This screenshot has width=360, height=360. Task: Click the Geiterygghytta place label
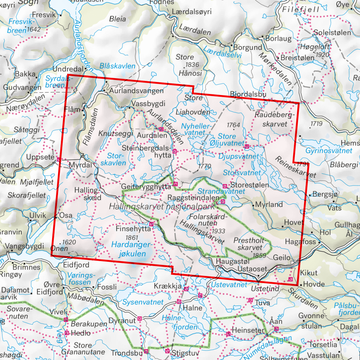145,187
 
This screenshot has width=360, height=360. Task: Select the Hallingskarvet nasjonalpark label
162,207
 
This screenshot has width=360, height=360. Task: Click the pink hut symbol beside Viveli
66,320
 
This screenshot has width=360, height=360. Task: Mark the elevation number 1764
233,125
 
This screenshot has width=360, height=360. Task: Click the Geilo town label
282,258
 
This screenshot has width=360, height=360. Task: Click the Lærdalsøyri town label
191,12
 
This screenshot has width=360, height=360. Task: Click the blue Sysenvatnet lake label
143,302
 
